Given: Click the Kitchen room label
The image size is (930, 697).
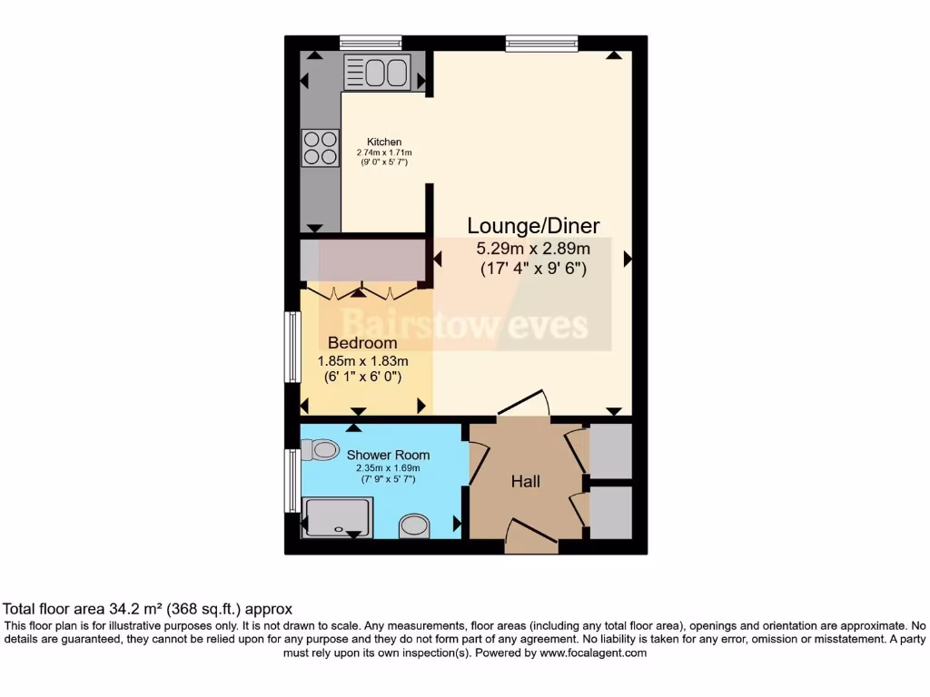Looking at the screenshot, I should (384, 142).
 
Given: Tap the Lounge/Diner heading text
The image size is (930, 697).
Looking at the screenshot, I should (533, 226).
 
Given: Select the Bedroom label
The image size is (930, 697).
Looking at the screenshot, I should (362, 343).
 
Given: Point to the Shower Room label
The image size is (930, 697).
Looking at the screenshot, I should (388, 455).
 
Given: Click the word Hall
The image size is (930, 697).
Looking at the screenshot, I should (525, 481).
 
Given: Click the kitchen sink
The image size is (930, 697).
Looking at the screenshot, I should (377, 73).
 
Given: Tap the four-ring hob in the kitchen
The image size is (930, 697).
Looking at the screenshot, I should (320, 148).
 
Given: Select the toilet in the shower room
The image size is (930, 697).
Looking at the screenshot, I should (320, 449).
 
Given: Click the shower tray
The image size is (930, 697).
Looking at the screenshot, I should (339, 516).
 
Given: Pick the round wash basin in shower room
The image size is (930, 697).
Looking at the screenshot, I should (415, 525).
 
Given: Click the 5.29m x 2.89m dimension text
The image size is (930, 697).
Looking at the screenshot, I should (533, 249).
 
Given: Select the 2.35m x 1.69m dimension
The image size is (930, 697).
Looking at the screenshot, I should (388, 469).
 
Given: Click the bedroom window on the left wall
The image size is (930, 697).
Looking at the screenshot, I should (292, 348).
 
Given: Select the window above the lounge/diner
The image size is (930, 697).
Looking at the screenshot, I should (541, 42).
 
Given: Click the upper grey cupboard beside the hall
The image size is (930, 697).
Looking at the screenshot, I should (610, 450).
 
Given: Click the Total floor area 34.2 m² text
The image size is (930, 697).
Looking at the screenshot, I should (148, 609).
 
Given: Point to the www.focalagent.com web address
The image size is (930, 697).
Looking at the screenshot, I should (592, 653).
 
